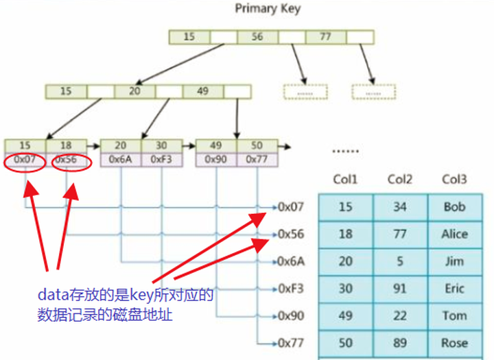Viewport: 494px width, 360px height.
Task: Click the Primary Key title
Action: pyautogui.click(x=267, y=9)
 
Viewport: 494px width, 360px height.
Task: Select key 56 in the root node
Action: pyautogui.click(x=257, y=37)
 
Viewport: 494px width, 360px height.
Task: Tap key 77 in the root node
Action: pyautogui.click(x=326, y=37)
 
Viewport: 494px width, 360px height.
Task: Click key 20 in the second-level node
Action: pyautogui.click(x=134, y=91)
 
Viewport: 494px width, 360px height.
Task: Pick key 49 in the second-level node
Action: pyautogui.click(x=202, y=91)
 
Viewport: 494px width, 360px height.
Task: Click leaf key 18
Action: pyautogui.click(x=66, y=146)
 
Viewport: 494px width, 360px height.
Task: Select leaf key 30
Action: pyautogui.click(x=161, y=146)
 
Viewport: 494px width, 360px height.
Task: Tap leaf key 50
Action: pyautogui.click(x=257, y=146)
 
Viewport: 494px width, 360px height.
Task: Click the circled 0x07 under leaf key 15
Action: pyautogui.click(x=25, y=159)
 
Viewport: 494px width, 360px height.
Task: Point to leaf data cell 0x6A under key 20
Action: pyautogui.click(x=121, y=159)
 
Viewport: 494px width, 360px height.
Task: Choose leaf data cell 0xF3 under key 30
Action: pyautogui.click(x=161, y=159)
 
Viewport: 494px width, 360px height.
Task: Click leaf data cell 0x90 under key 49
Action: pyautogui.click(x=216, y=159)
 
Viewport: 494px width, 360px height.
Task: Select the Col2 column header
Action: pyautogui.click(x=399, y=179)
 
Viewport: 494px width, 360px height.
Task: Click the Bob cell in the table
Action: pyautogui.click(x=454, y=207)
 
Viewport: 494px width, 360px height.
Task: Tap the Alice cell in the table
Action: pyautogui.click(x=454, y=234)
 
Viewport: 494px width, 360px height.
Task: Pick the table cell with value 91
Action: pyautogui.click(x=399, y=289)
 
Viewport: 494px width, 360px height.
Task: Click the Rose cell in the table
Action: pyautogui.click(x=454, y=343)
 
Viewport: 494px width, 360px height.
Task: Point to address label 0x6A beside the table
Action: pyautogui.click(x=290, y=261)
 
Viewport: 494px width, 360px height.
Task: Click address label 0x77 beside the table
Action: pyautogui.click(x=290, y=343)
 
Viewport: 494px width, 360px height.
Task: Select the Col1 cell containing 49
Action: pyautogui.click(x=346, y=316)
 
